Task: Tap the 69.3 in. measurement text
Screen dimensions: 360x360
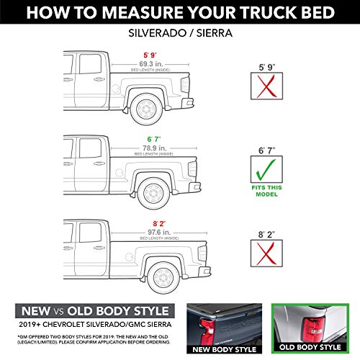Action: [x=149, y=63]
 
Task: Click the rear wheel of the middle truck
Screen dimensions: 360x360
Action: [x=154, y=192]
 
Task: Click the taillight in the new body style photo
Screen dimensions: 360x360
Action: [x=204, y=330]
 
